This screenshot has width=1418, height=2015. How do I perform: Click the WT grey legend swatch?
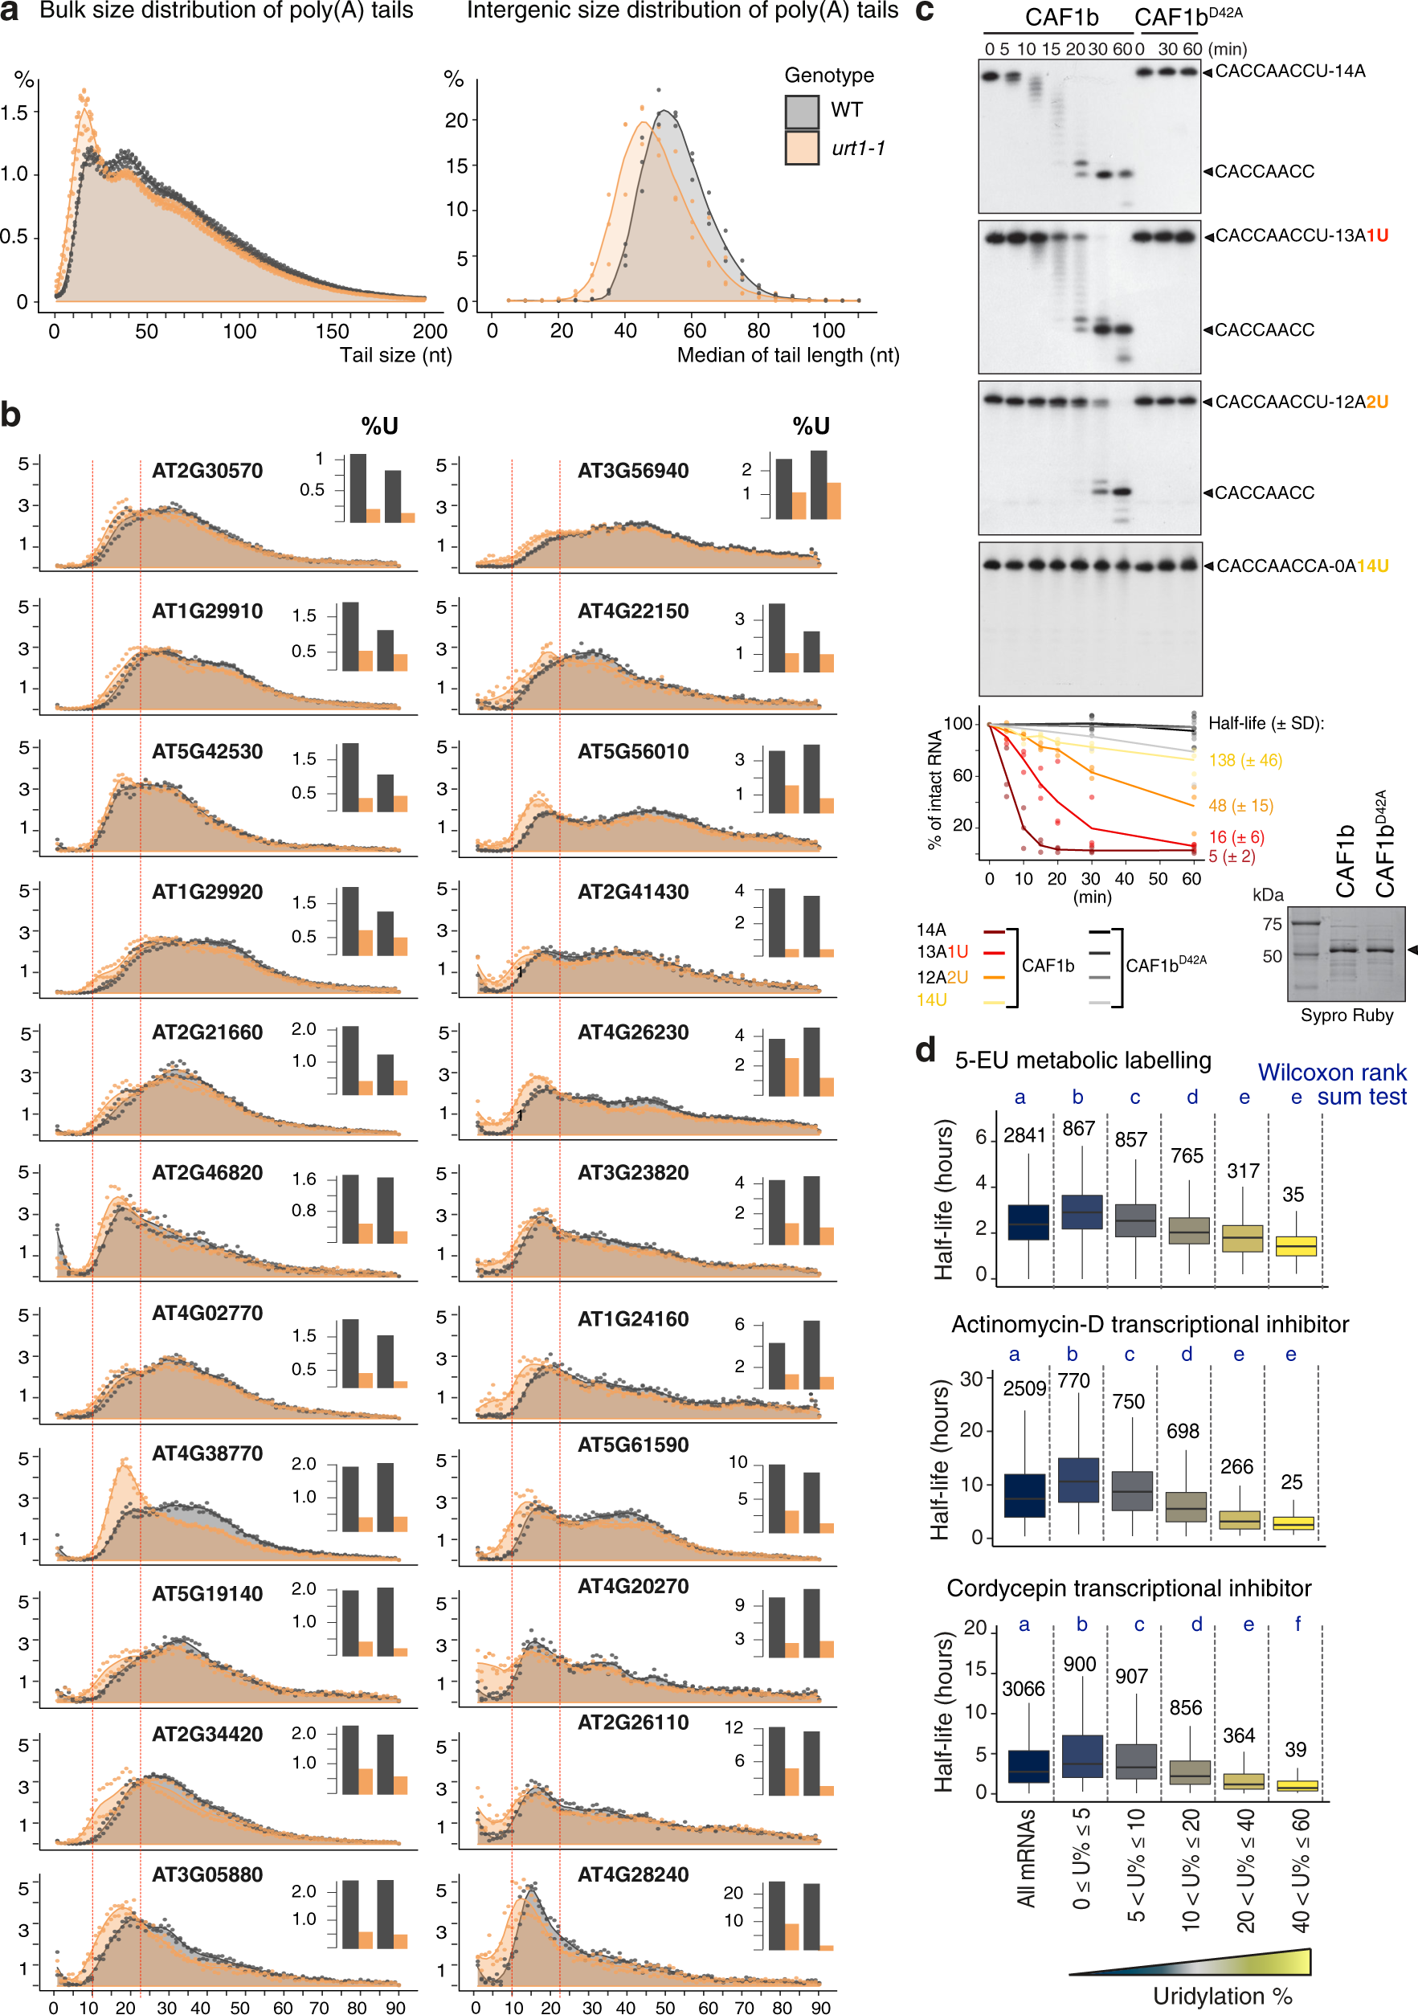click(x=801, y=112)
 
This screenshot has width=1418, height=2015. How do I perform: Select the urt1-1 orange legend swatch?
click(x=801, y=149)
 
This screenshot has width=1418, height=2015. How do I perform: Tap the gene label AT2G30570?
click(x=207, y=470)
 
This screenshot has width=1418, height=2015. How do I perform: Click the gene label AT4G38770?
click(x=207, y=1453)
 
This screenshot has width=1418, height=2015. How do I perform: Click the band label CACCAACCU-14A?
click(x=1290, y=71)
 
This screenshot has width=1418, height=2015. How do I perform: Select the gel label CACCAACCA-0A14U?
click(x=1302, y=566)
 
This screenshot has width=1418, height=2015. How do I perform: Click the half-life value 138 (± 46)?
click(x=1245, y=760)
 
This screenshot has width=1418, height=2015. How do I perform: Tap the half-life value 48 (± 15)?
click(x=1240, y=806)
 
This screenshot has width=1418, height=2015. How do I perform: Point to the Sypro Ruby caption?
click(x=1346, y=1016)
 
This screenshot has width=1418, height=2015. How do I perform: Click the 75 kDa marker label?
click(x=1272, y=923)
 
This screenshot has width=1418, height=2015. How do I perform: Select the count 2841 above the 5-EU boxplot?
click(x=1024, y=1135)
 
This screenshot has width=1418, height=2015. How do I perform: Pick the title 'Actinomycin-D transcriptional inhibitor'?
click(x=1150, y=1324)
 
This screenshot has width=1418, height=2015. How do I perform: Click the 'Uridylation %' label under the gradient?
click(x=1221, y=1997)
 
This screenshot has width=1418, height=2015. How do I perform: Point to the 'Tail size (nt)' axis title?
click(x=396, y=355)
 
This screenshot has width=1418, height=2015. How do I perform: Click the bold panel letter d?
click(x=926, y=1051)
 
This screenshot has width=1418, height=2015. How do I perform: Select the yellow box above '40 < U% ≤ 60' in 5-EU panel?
click(x=1295, y=1245)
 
